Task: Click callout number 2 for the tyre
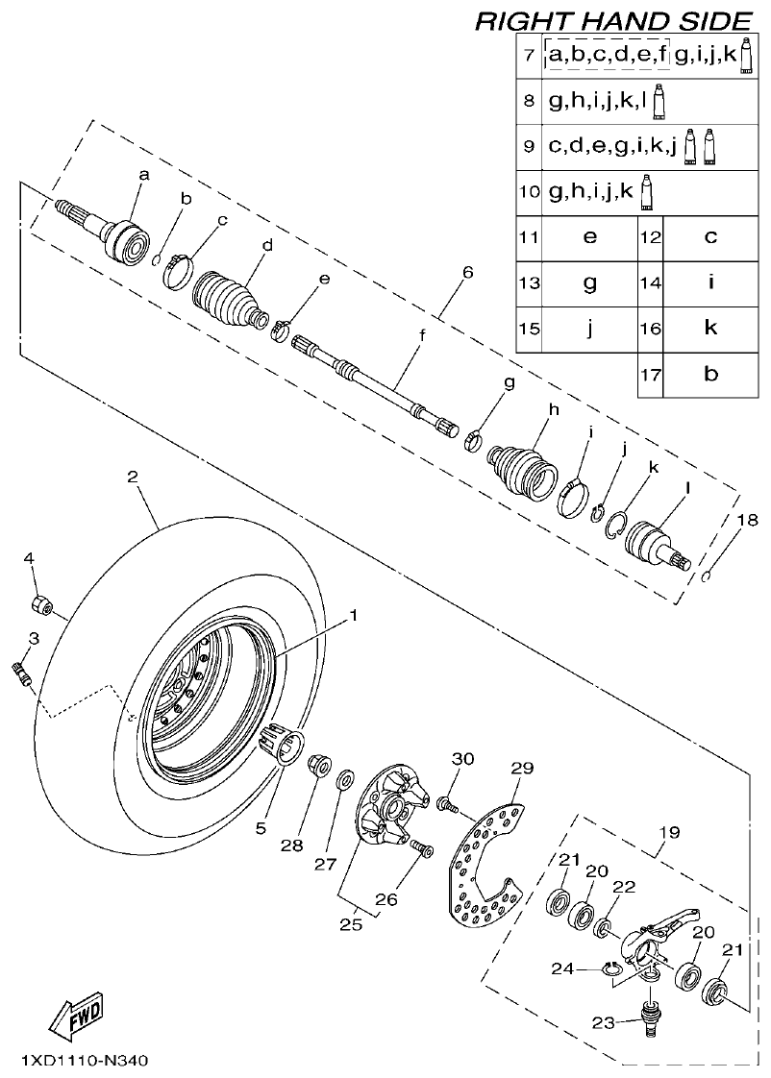pos(133,477)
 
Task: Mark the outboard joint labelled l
pos(653,542)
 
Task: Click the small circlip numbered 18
pos(707,576)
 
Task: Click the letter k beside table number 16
pos(710,328)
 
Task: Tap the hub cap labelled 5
pos(280,743)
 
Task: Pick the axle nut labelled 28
pos(320,766)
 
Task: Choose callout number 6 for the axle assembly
pos(467,273)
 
